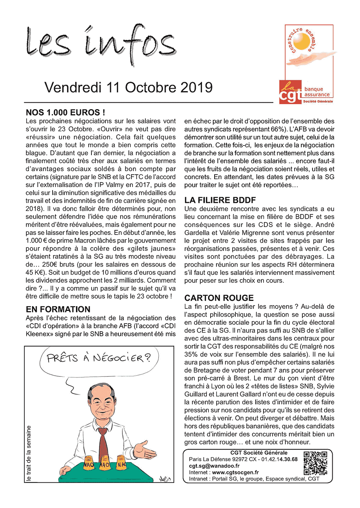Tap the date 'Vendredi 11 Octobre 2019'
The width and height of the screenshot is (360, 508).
point(129,88)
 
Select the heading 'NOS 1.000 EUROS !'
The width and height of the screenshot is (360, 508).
point(66,112)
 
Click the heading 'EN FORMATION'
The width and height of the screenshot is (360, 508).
point(58,309)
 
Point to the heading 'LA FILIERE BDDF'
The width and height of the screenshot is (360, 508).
point(220,200)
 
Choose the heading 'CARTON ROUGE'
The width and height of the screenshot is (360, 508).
point(219,298)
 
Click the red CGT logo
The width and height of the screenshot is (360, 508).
point(290,93)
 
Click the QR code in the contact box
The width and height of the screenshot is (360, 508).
point(315,463)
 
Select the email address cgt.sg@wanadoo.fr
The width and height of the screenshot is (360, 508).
point(214,466)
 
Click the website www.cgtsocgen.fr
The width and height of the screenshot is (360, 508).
point(235,472)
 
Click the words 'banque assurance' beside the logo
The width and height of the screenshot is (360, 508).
point(317,92)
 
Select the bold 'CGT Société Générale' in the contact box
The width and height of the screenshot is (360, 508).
point(259,453)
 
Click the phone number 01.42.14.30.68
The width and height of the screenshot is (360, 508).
point(279,459)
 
